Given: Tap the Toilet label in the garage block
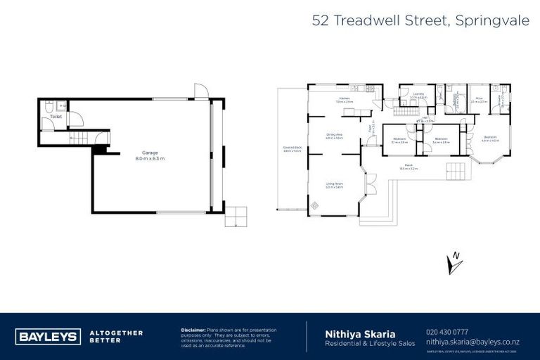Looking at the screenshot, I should [55, 116].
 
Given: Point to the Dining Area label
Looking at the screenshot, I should [334, 136].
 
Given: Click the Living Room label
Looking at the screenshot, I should [334, 186].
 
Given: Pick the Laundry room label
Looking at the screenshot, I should [418, 95].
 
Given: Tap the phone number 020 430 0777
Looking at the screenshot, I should [448, 331].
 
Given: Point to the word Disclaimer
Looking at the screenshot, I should [193, 329].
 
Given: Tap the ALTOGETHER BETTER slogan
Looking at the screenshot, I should [116, 335].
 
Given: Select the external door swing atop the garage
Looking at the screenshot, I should [200, 89].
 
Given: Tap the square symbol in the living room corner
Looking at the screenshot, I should [314, 205].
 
